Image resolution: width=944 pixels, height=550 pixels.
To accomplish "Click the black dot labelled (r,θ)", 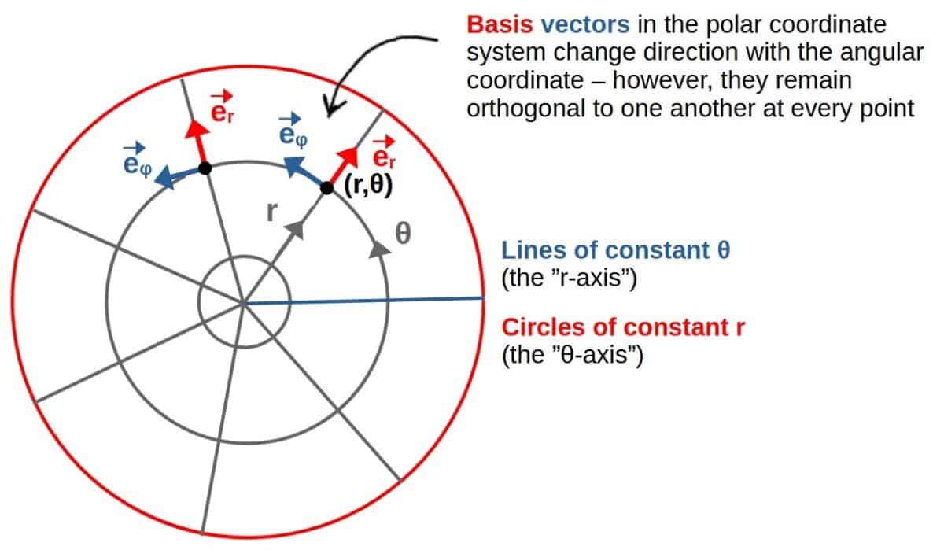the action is (326, 188).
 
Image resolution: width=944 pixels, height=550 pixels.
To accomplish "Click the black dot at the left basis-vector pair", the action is (205, 168).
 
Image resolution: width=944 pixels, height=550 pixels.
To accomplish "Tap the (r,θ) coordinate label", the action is (368, 186).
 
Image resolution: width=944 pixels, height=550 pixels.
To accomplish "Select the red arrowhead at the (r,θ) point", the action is (348, 157).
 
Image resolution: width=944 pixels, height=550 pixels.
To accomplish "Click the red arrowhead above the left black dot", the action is (197, 129).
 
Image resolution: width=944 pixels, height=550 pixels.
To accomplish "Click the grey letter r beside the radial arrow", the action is (272, 212).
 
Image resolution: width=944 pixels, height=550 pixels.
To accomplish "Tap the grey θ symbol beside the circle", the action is (404, 233).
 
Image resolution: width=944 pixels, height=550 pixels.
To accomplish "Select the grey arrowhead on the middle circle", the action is (380, 250).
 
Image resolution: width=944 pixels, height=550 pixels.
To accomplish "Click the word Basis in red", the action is (500, 25).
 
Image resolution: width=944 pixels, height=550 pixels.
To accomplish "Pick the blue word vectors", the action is (585, 25).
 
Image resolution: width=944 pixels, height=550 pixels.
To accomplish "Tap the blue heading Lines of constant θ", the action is (616, 250).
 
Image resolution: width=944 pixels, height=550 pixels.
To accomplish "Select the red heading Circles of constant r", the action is (623, 327).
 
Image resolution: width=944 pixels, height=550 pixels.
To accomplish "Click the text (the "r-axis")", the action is (569, 279).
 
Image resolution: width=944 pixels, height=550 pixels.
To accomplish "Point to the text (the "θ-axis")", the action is (573, 356).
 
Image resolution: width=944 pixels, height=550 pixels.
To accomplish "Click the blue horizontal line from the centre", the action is (363, 301).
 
